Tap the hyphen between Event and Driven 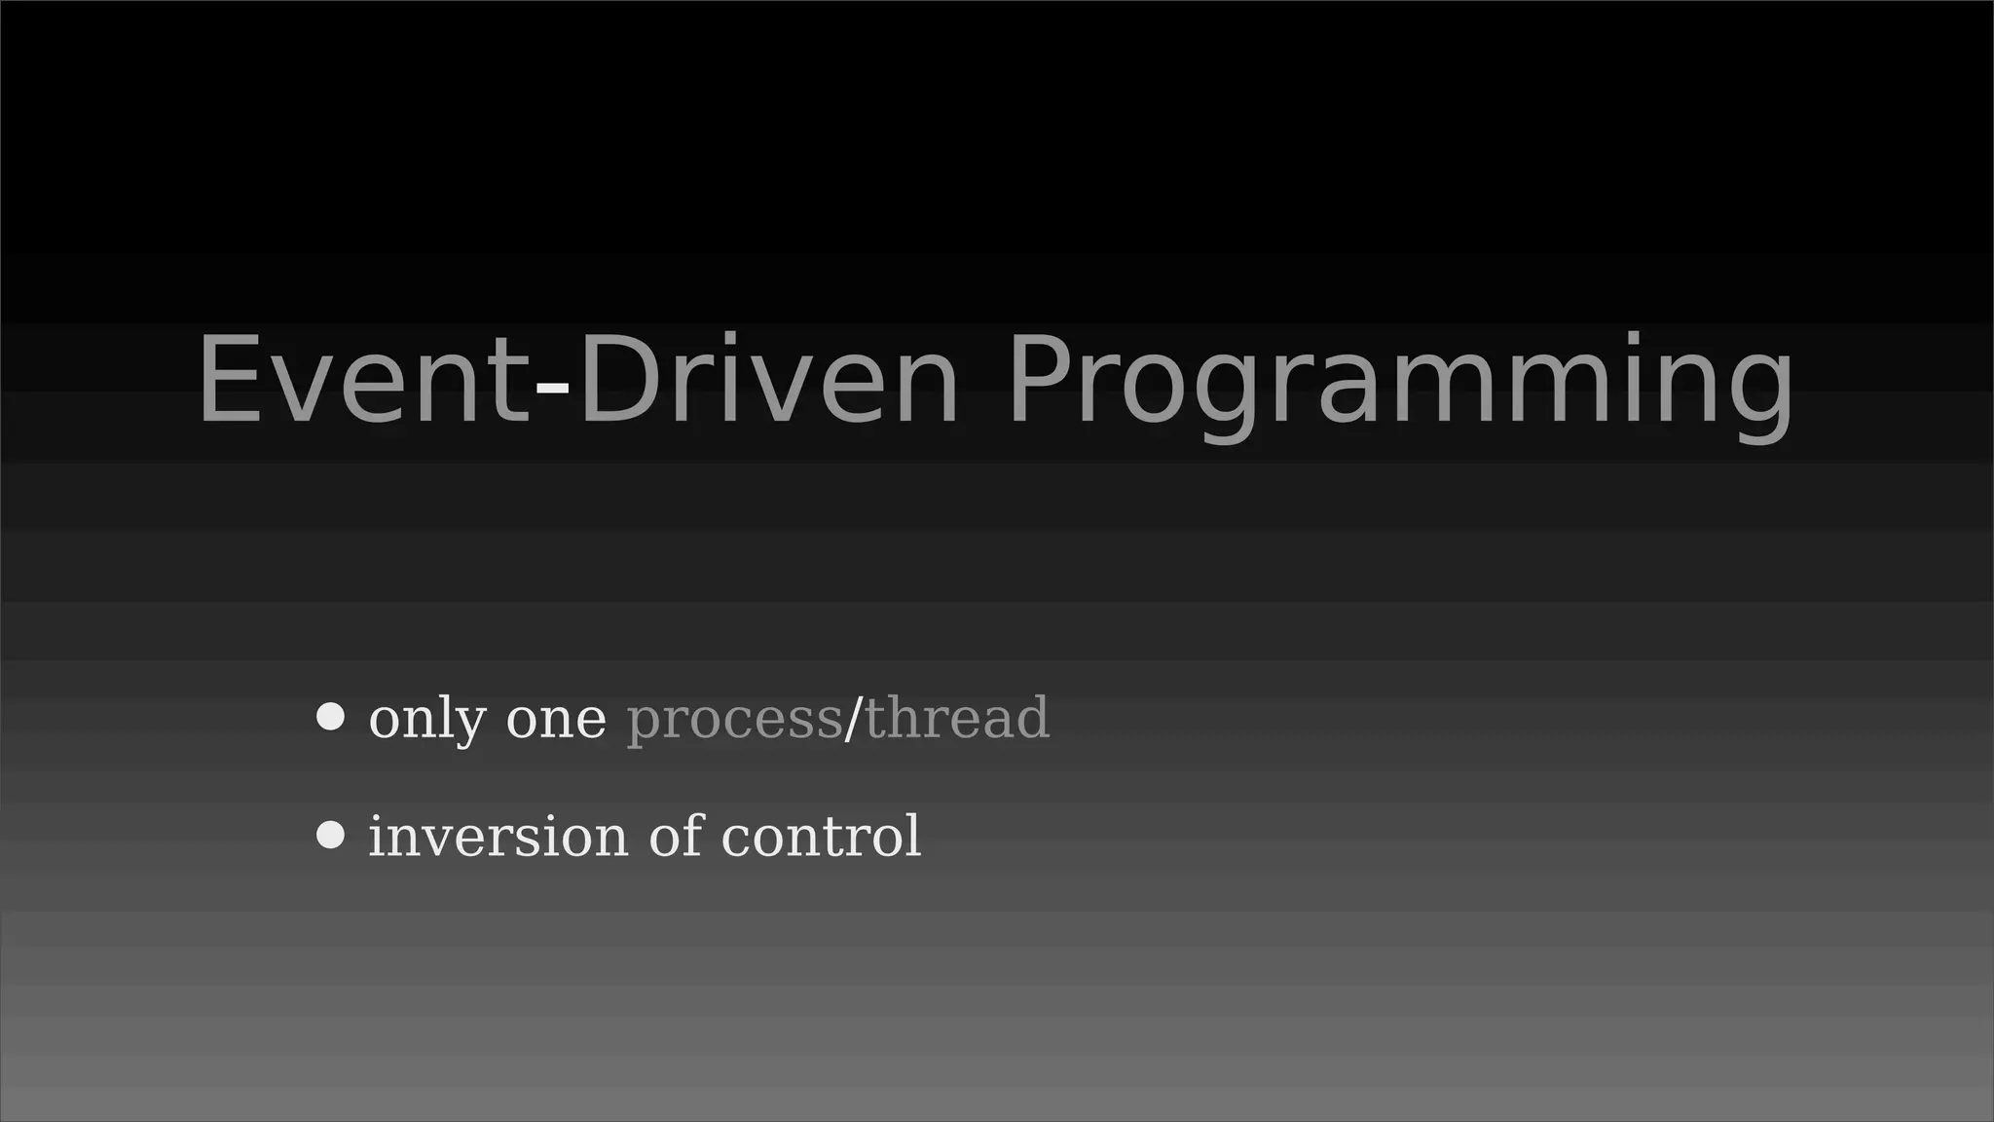553,388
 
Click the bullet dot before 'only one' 331,717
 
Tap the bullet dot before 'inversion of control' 331,835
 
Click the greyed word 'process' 733,721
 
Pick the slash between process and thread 853,718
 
